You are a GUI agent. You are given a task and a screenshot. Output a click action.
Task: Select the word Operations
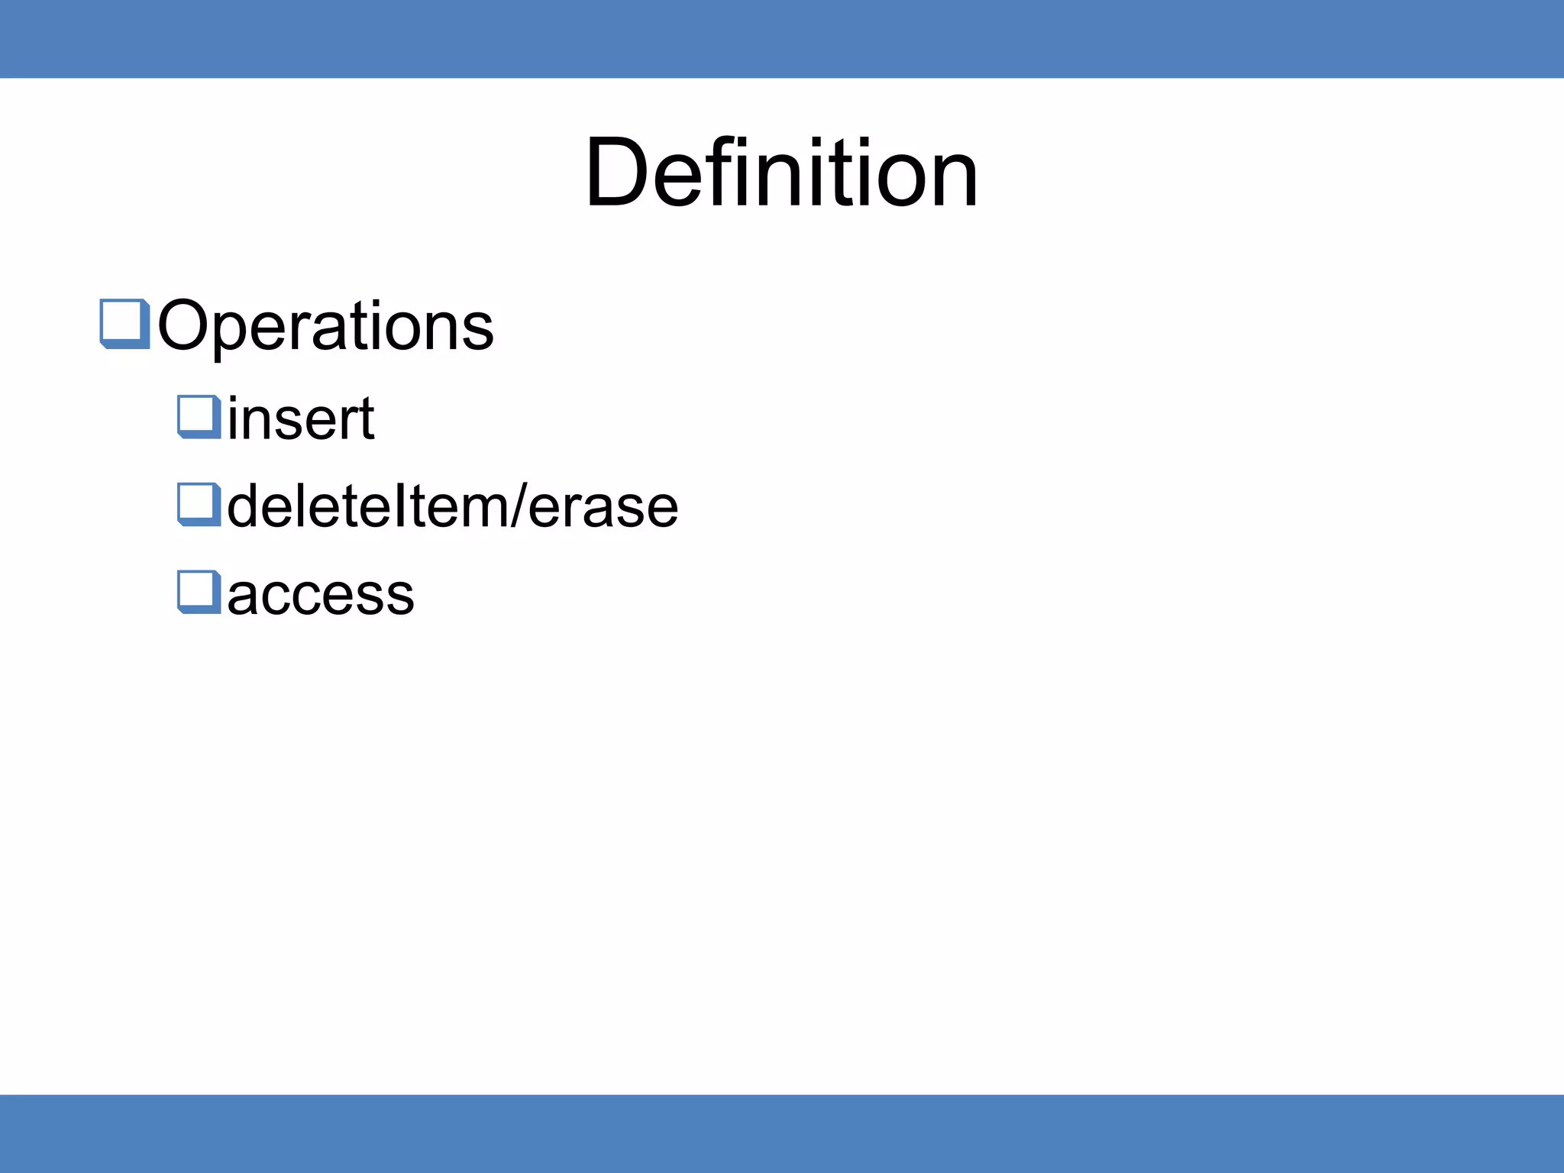pos(326,326)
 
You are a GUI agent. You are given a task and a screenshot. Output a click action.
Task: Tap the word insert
pos(301,418)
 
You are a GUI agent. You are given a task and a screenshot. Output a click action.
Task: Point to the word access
pos(321,594)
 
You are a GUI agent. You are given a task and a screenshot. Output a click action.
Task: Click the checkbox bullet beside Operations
pos(124,324)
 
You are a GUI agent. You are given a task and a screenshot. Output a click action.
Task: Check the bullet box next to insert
pos(199,417)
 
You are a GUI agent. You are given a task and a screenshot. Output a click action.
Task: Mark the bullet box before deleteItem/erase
pos(199,505)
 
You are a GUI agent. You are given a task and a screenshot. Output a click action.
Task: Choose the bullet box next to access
pos(199,592)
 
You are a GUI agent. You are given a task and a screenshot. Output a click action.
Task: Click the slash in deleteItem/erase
pos(518,506)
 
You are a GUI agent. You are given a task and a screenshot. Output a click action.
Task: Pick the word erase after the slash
pos(603,507)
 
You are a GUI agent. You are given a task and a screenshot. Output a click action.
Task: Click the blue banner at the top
pos(782,38)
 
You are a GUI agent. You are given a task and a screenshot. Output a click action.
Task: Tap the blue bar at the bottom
pos(782,1133)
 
